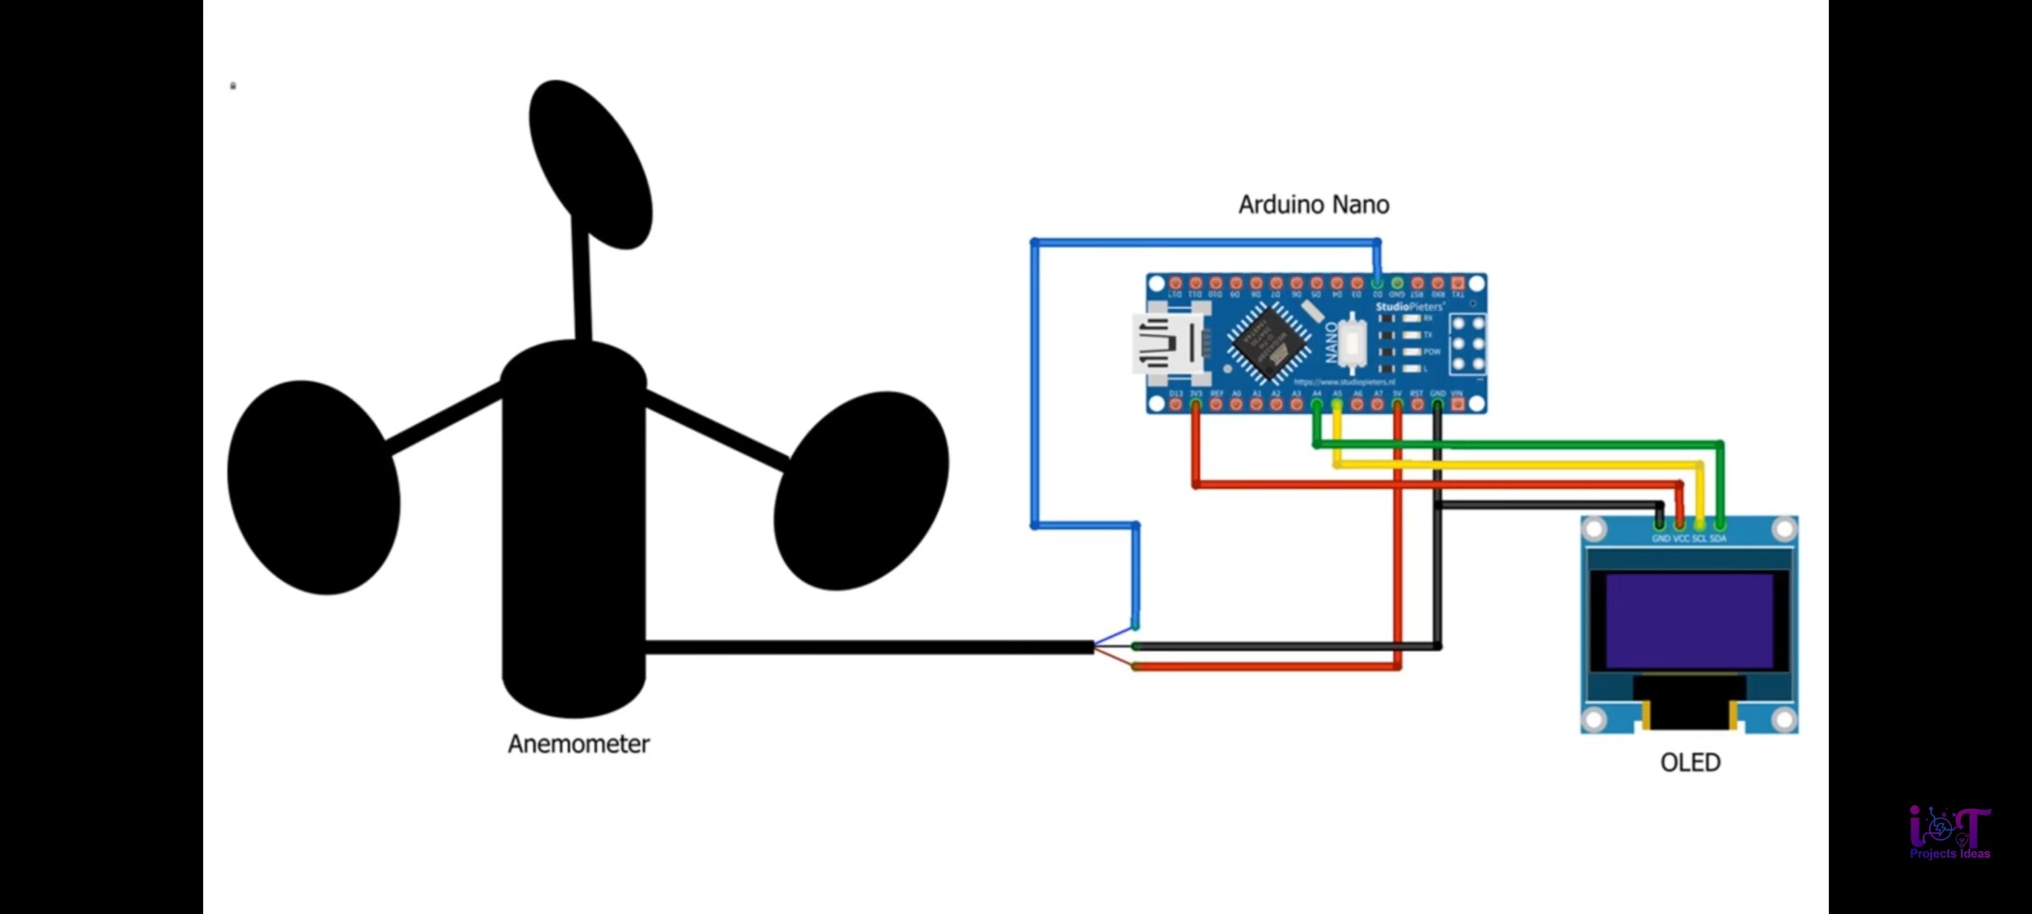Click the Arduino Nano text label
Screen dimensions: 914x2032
1313,205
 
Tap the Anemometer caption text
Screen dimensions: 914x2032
578,744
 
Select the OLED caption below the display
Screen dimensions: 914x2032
1690,763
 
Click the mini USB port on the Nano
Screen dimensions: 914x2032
1168,344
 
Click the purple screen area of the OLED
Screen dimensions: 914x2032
1689,620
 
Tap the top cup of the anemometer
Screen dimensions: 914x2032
590,164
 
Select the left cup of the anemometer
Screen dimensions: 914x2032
313,487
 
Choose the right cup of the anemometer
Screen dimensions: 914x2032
861,491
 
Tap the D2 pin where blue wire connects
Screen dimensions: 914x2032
1378,283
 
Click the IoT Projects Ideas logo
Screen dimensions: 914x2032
1950,833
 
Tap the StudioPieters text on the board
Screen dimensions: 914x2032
1409,306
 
